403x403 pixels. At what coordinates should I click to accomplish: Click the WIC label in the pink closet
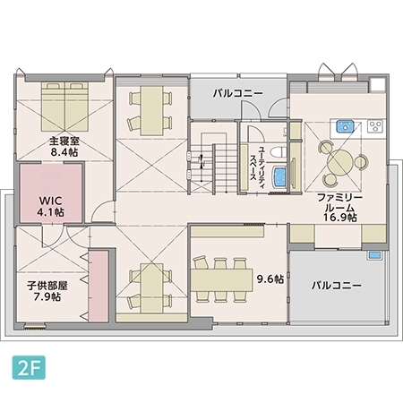coord(49,201)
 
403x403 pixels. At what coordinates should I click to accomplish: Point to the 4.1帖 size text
coord(49,213)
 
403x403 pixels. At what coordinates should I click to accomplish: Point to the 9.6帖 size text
coord(270,279)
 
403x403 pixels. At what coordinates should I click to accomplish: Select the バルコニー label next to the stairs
coord(237,92)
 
